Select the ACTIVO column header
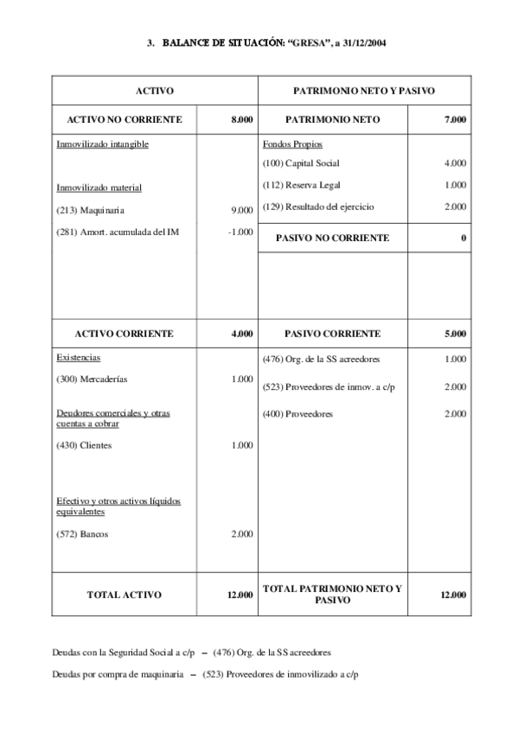pos(156,90)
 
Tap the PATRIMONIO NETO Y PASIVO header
pos(364,90)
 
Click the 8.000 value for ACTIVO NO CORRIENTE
pos(242,119)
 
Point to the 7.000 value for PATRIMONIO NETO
pos(455,119)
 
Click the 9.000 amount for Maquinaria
pos(242,209)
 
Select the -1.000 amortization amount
pos(240,231)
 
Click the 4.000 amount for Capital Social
pos(455,163)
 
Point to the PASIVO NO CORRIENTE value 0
pos(464,238)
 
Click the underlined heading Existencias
pos(79,356)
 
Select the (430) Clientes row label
pos(84,445)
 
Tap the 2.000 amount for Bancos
pos(242,534)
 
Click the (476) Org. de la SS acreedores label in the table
pos(320,358)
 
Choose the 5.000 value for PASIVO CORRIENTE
pos(455,333)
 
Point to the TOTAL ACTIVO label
pos(125,594)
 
